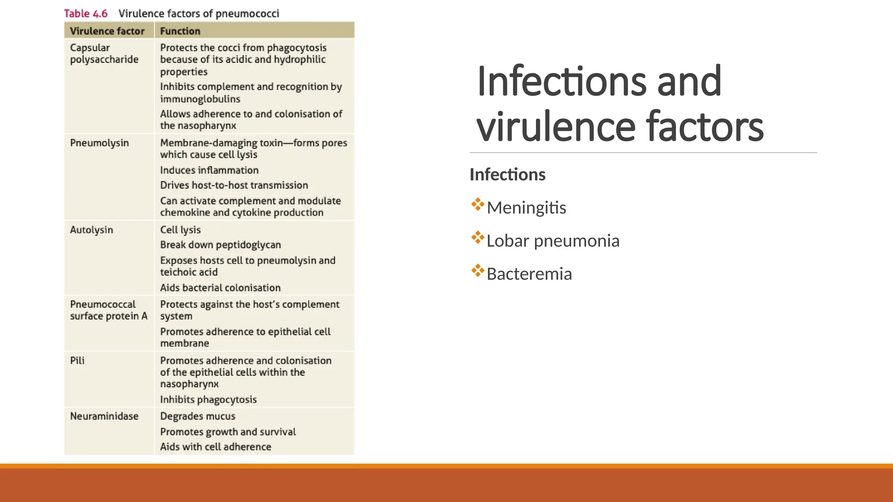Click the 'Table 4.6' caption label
86,14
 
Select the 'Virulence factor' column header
107,31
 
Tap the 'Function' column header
180,31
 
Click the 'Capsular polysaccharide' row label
104,54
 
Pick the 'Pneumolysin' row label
99,143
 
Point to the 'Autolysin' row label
92,230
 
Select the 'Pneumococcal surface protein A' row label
109,310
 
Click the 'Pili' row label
77,360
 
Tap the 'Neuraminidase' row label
104,416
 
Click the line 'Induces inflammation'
209,170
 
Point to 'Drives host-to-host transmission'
234,185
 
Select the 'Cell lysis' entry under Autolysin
181,230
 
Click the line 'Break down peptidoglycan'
221,245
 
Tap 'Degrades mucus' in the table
198,416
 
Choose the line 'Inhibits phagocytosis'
208,400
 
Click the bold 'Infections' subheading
508,175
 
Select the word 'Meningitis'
526,208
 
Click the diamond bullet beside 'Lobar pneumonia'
478,238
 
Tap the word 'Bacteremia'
529,274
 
